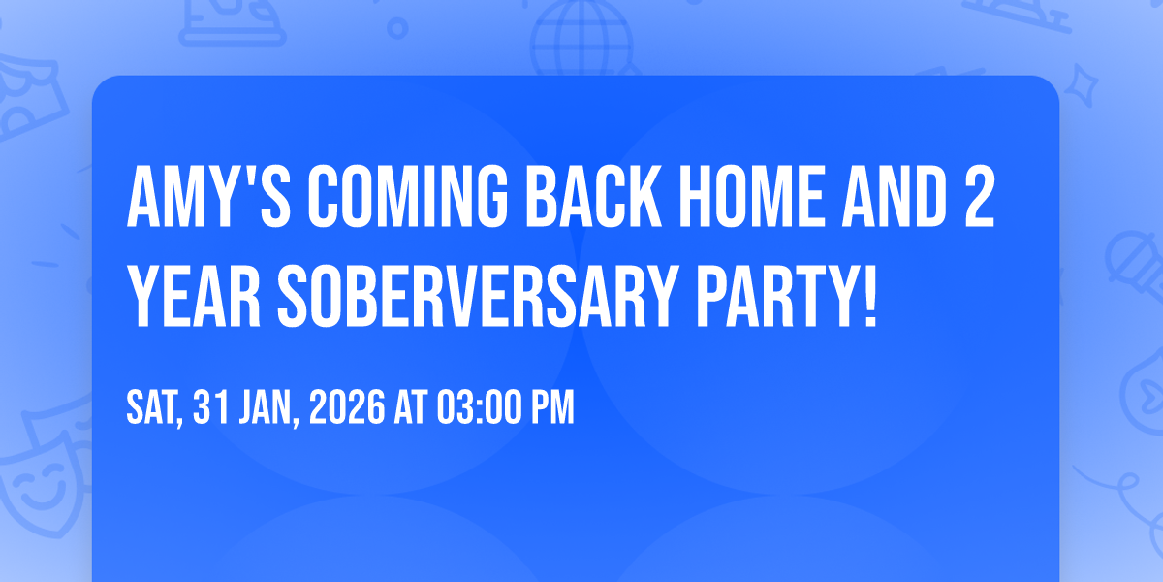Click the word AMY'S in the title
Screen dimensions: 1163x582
tap(208, 197)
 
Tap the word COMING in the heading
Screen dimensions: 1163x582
tap(408, 197)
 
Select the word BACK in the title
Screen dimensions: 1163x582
tap(593, 197)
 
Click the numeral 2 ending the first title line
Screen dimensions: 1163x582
tap(980, 197)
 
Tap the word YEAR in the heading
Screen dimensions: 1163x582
tap(193, 296)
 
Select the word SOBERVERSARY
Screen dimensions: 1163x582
tap(478, 296)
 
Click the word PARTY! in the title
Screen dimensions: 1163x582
tap(787, 296)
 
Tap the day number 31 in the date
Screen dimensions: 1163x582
tap(211, 407)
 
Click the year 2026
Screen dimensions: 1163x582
tap(347, 407)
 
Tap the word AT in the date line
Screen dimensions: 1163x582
tap(411, 407)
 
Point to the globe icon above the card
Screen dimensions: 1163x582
tap(581, 38)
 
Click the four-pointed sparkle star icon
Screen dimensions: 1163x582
tap(1082, 85)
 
